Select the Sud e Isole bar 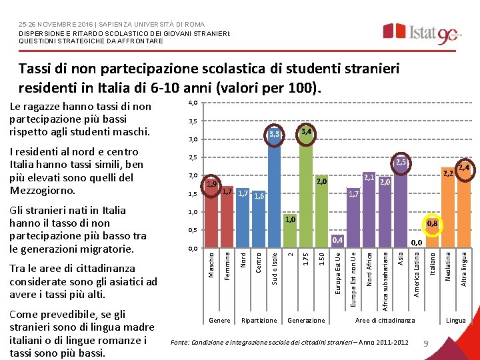[x=274, y=193]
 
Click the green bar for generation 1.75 [x=305, y=193]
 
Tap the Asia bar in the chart [x=400, y=207]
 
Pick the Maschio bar [x=211, y=213]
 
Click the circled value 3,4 [x=305, y=131]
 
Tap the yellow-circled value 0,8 [x=432, y=224]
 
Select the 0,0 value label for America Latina [x=417, y=243]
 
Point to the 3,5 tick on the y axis [x=192, y=121]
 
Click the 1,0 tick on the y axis [x=192, y=212]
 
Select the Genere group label [x=219, y=321]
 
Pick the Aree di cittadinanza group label [x=385, y=321]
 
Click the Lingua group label [x=455, y=321]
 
